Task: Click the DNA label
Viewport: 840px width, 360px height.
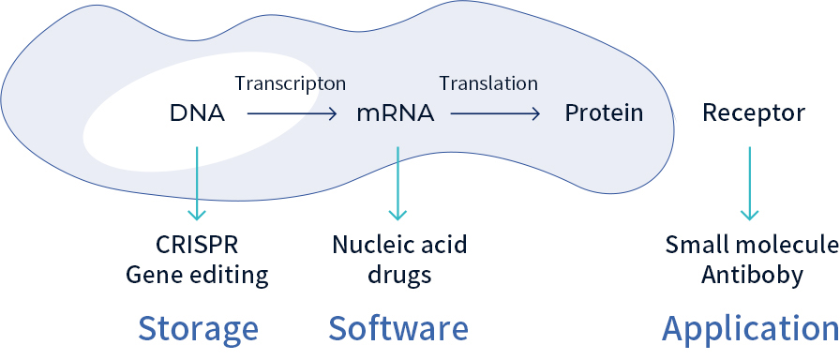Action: coord(197,114)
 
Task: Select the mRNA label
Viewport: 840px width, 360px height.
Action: coord(395,114)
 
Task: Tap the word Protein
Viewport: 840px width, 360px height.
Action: coord(604,114)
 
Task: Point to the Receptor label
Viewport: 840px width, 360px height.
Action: coord(753,114)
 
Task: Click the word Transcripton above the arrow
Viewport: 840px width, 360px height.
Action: coord(290,83)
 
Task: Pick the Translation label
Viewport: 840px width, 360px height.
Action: coord(488,83)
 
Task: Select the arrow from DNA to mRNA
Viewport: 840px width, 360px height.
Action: coord(292,114)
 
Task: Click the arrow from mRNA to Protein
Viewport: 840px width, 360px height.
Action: coord(495,114)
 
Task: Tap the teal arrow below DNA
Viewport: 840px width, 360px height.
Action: coord(197,183)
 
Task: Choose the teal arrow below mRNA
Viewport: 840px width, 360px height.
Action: coord(398,183)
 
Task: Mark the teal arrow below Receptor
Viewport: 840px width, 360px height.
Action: coord(750,183)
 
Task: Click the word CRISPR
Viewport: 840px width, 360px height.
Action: coord(197,246)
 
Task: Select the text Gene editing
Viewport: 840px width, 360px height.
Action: coord(197,276)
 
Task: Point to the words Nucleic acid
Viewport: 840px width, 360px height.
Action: coord(399,246)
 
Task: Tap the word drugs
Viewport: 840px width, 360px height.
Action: coord(399,276)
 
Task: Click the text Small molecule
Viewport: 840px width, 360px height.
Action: coord(751,246)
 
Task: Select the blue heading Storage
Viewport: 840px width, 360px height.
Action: coord(198,329)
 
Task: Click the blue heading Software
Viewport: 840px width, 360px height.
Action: coord(397,329)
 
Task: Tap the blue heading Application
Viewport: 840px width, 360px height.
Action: coord(750,329)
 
